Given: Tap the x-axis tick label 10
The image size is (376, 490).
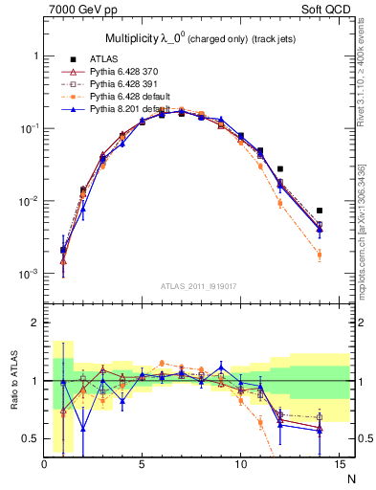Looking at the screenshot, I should pos(239,466).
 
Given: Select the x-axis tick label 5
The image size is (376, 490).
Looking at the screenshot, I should pos(142,466).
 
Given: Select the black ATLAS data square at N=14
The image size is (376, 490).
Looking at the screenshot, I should pos(319,211).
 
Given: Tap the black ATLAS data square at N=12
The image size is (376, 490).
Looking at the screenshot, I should pos(279,169).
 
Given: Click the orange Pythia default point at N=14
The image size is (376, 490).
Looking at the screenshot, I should pos(319,255).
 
